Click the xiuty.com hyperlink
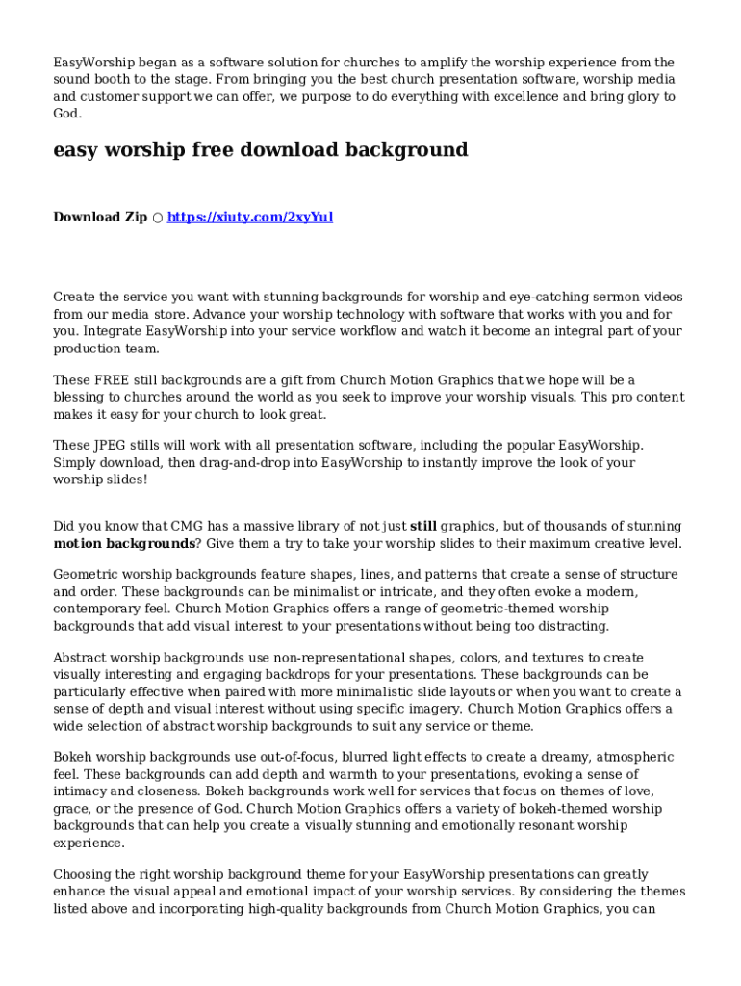tap(250, 217)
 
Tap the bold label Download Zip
tap(100, 217)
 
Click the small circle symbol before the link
tap(157, 218)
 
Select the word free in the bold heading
tap(221, 149)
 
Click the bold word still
tap(423, 527)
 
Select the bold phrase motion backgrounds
tap(126, 544)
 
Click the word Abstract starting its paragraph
tap(84, 658)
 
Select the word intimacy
tap(83, 792)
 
